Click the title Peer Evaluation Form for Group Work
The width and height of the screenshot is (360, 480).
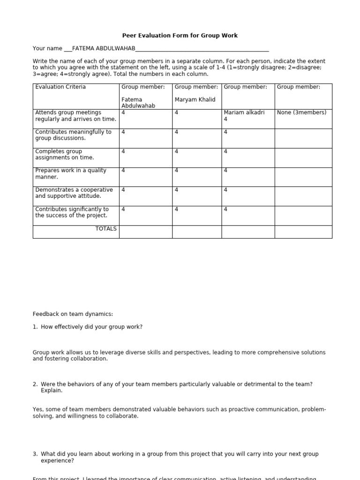pyautogui.click(x=180, y=36)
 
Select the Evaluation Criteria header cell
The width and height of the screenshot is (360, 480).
pyautogui.click(x=60, y=87)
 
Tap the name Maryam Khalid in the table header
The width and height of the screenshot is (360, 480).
pyautogui.click(x=195, y=99)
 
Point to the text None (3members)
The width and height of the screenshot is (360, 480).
pyautogui.click(x=301, y=112)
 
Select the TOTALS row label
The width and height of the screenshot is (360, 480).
pyautogui.click(x=106, y=229)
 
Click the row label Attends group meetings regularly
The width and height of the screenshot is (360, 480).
pyautogui.click(x=75, y=116)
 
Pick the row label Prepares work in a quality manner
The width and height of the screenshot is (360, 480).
pyautogui.click(x=71, y=173)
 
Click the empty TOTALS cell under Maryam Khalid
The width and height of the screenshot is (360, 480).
pyautogui.click(x=197, y=232)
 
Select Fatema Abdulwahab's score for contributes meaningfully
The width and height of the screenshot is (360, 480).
pyautogui.click(x=123, y=132)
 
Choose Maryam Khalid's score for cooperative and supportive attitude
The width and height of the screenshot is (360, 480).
pyautogui.click(x=176, y=190)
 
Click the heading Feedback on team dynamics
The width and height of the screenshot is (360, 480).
pyautogui.click(x=73, y=314)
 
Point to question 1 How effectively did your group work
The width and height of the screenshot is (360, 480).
pyautogui.click(x=91, y=327)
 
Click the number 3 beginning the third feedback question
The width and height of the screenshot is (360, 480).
pyautogui.click(x=35, y=454)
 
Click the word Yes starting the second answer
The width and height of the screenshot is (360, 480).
pyautogui.click(x=37, y=410)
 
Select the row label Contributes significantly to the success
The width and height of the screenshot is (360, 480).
pyautogui.click(x=72, y=212)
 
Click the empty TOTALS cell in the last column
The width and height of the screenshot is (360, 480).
pyautogui.click(x=303, y=232)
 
